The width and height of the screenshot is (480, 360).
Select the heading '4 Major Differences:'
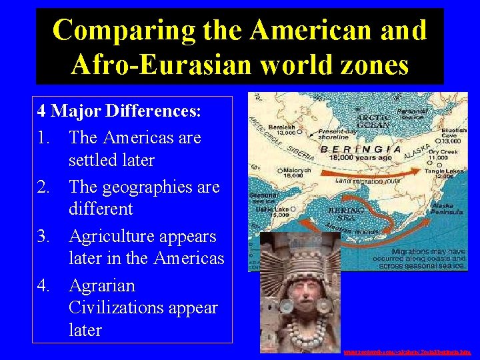[x=119, y=110]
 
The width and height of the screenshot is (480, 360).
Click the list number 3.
[x=45, y=237]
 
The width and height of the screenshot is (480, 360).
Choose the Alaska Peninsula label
[x=447, y=209]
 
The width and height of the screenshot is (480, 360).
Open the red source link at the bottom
[x=407, y=352]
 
